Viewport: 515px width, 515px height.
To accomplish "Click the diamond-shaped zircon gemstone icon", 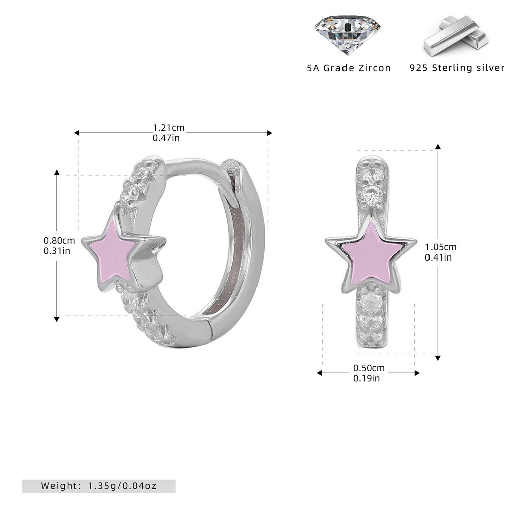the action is tap(348, 34).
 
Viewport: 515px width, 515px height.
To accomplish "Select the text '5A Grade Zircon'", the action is tap(349, 68).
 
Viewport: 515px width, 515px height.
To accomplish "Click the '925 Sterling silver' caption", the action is tap(457, 68).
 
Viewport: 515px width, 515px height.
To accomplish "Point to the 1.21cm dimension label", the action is tap(168, 127).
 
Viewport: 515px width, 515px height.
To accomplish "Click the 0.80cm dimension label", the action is tap(59, 241).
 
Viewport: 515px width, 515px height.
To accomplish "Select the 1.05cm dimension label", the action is tap(441, 247).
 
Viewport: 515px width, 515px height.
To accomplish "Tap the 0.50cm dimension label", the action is tap(369, 368).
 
